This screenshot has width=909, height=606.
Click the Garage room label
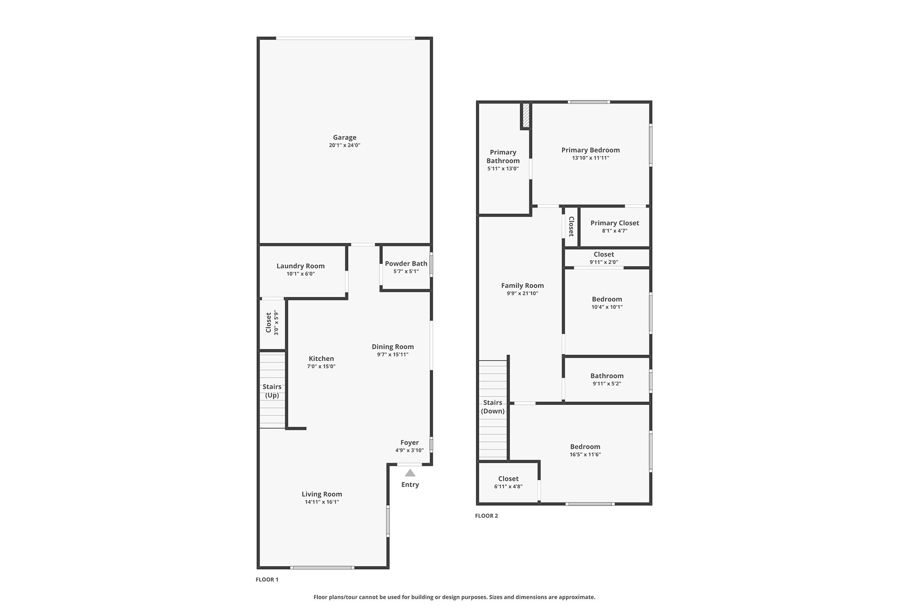coord(344,137)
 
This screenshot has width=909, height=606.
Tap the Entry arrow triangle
coord(410,473)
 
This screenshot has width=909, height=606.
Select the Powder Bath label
coord(406,264)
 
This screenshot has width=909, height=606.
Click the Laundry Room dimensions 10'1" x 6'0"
coord(300,274)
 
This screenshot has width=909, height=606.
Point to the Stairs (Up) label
coord(272,391)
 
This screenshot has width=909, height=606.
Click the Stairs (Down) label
coord(493,407)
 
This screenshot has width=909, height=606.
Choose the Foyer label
coord(410,442)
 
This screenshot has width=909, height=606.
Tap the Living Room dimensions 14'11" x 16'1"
coord(322,502)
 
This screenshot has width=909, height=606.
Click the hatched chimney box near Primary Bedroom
coord(526,116)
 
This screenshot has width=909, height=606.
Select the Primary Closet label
coord(615,223)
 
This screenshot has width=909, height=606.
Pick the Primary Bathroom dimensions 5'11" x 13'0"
coord(503,169)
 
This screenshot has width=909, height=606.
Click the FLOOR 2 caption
coord(486,516)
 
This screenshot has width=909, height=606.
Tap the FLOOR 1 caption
coord(267,579)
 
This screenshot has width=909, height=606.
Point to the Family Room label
coord(522,285)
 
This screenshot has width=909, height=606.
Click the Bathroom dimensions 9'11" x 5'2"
coord(607,384)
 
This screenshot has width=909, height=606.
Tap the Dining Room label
coord(392,346)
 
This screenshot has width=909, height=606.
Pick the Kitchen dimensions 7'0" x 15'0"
coord(321,367)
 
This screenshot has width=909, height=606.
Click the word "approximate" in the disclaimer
coord(579,597)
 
